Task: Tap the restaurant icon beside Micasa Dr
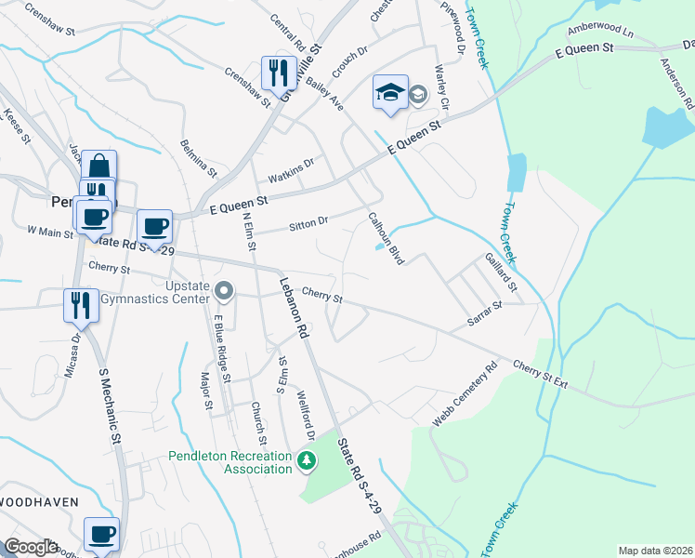point(79,304)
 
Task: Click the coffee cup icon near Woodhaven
point(101,535)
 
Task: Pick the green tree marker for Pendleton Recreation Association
point(307,460)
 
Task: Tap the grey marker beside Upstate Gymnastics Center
point(223,292)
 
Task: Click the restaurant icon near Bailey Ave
point(279,72)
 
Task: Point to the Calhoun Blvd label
point(386,239)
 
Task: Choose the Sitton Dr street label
point(308,222)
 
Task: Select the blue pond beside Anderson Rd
point(666,127)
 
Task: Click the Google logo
point(30,547)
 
